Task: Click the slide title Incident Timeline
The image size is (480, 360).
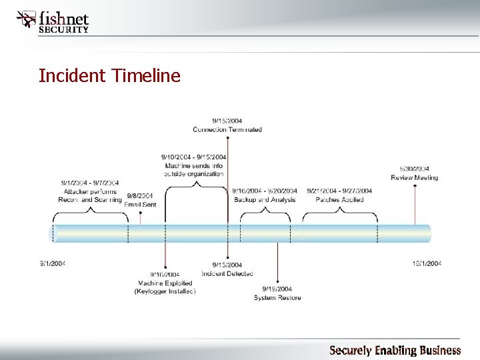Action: point(109,76)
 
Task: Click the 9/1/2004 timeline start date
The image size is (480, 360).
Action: point(57,263)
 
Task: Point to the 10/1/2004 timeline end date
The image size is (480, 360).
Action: point(426,263)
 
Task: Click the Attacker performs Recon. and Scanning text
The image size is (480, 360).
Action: point(90,191)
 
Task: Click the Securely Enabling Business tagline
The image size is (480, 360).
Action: point(395,350)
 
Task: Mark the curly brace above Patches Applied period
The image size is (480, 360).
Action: point(340,211)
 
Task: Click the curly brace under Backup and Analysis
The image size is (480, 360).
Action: point(265,211)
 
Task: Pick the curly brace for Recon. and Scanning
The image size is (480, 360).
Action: point(90,211)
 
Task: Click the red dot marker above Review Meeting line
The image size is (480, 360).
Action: point(415,185)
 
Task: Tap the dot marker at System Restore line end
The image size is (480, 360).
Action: point(277,283)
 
